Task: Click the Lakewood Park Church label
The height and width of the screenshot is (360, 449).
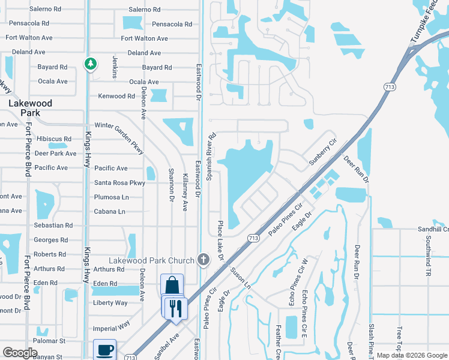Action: [151, 260]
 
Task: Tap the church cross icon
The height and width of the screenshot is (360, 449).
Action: [203, 260]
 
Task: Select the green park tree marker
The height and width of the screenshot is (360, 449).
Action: [90, 64]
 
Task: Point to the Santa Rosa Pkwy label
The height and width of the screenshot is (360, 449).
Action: [120, 182]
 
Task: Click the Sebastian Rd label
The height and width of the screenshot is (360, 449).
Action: [53, 226]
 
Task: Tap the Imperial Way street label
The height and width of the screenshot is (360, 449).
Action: [111, 326]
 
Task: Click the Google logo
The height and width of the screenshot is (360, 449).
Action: [20, 353]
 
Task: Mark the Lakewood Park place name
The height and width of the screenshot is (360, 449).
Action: [30, 108]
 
